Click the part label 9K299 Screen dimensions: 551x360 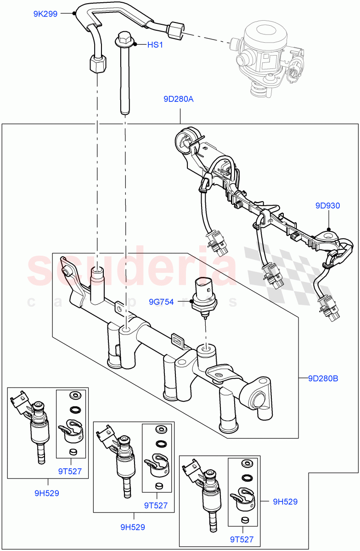tap(45, 14)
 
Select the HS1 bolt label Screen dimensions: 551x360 tap(155, 45)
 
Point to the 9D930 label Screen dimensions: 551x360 tap(327, 206)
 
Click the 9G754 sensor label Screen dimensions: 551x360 tap(161, 302)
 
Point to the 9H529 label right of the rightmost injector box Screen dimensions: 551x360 tap(285, 502)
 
